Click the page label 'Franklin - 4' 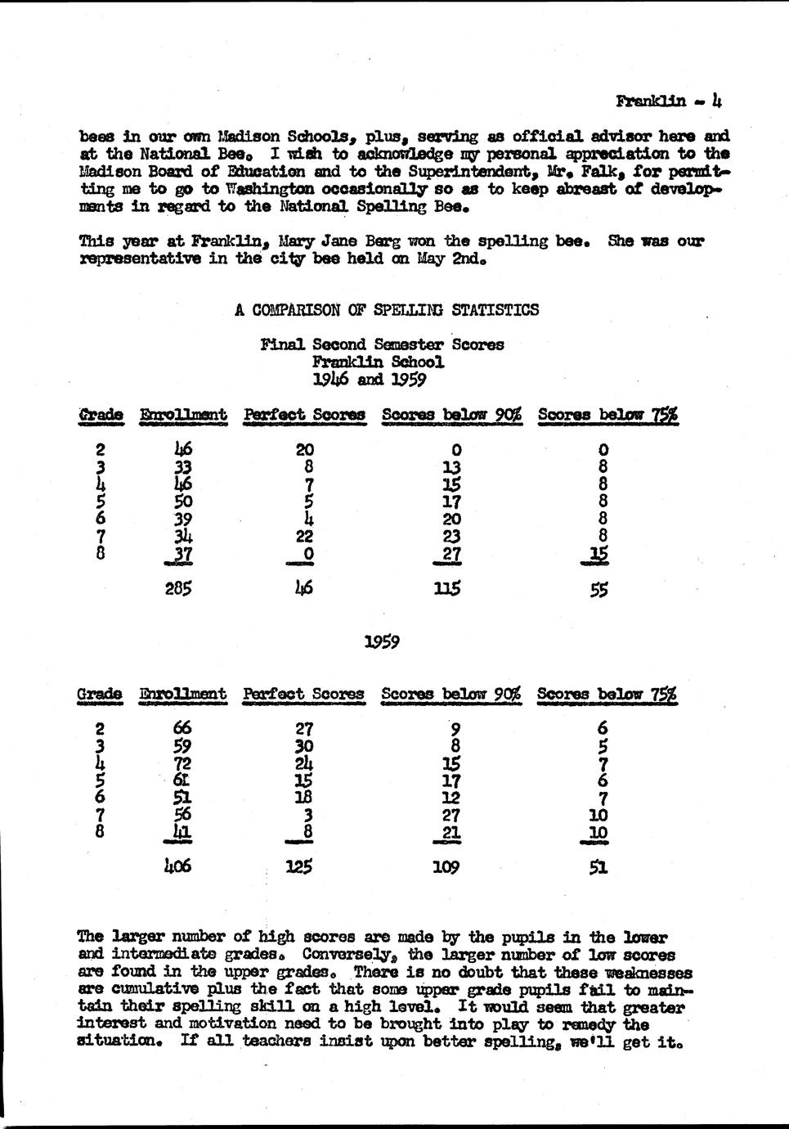668,101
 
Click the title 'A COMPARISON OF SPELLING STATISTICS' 386,310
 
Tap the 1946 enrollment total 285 177,587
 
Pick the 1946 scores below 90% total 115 448,587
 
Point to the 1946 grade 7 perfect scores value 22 303,536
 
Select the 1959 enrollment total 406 177,866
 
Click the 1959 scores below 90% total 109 446,866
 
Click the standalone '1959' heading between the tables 382,642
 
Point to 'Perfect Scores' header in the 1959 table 303,694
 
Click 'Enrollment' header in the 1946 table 183,415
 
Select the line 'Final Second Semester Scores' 382,344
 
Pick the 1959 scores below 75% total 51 598,867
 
